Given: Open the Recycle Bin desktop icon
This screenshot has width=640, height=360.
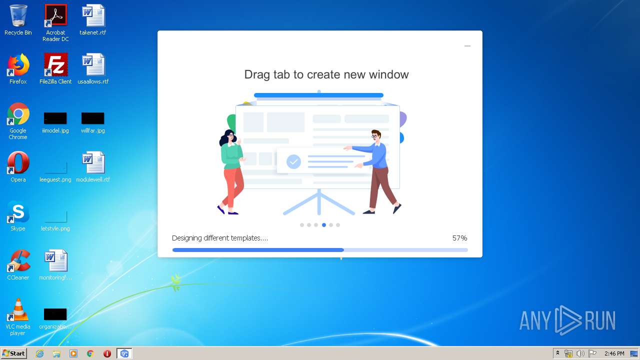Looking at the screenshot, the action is pyautogui.click(x=18, y=15).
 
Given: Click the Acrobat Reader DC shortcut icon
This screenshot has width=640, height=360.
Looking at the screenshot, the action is pyautogui.click(x=55, y=15).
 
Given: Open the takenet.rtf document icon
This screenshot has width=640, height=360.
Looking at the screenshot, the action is pyautogui.click(x=93, y=15).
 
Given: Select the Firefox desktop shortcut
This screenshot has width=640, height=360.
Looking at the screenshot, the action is pyautogui.click(x=18, y=64).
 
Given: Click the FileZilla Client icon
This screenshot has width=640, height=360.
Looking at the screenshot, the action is pyautogui.click(x=55, y=64).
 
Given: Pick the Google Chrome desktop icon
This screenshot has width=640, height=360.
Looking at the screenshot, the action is pyautogui.click(x=18, y=113).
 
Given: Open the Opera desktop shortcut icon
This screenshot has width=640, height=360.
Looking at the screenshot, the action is pyautogui.click(x=18, y=162).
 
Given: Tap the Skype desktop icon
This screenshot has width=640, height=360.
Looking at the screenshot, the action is pyautogui.click(x=18, y=211).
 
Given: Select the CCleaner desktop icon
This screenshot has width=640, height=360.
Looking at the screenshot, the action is pyautogui.click(x=18, y=260).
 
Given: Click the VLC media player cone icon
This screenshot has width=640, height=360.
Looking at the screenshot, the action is pyautogui.click(x=18, y=309).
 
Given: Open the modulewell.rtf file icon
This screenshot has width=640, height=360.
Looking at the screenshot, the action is pyautogui.click(x=93, y=162).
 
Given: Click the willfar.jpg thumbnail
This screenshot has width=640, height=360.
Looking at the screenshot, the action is pyautogui.click(x=93, y=118).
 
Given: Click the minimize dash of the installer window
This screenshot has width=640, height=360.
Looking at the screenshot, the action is pyautogui.click(x=467, y=46).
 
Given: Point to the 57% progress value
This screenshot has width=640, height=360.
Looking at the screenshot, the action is pyautogui.click(x=459, y=238).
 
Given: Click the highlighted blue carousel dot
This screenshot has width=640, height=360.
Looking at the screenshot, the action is pyautogui.click(x=323, y=225).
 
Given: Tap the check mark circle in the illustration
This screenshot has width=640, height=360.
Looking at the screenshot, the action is pyautogui.click(x=293, y=161).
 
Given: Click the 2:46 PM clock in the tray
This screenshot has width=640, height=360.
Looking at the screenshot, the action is pyautogui.click(x=614, y=353).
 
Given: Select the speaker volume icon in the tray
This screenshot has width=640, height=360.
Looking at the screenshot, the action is pyautogui.click(x=580, y=353).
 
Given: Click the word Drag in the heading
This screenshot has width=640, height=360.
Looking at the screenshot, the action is pyautogui.click(x=257, y=75).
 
